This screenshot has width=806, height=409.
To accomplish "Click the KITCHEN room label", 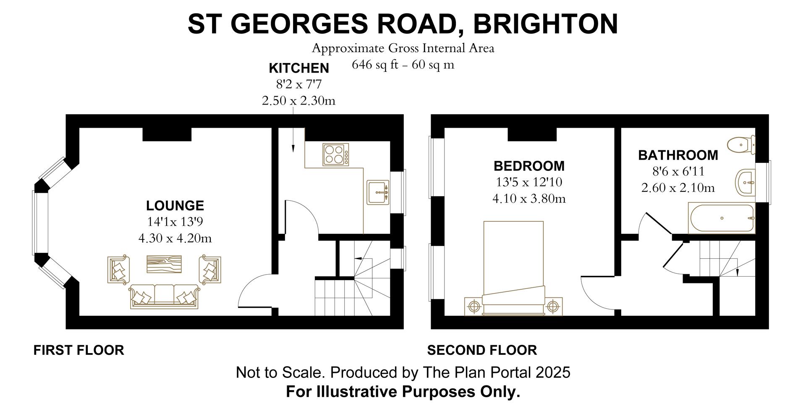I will pos(298,68).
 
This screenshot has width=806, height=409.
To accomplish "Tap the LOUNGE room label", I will pos(175,206).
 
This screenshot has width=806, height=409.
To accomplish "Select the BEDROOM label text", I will pos(529,166).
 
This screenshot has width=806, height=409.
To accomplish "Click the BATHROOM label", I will pos(678,155).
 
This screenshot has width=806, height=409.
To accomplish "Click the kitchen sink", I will pos(378,192).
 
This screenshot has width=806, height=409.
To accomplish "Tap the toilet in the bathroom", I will pos(742,145).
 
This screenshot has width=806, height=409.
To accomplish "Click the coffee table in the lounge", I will pos(164,264).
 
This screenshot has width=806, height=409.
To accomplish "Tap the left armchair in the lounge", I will pos(119,269).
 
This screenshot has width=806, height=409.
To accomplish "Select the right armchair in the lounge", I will pos(210,269).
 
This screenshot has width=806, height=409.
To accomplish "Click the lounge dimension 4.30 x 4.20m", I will pos(175,239).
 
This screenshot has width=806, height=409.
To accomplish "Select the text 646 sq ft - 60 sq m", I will pos(403,65).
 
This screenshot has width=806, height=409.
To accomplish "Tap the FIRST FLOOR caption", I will pos(79,350).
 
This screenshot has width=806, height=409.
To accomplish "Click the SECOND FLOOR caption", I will pos(482,350).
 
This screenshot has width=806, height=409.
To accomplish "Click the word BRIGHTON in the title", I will pos(546,24).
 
